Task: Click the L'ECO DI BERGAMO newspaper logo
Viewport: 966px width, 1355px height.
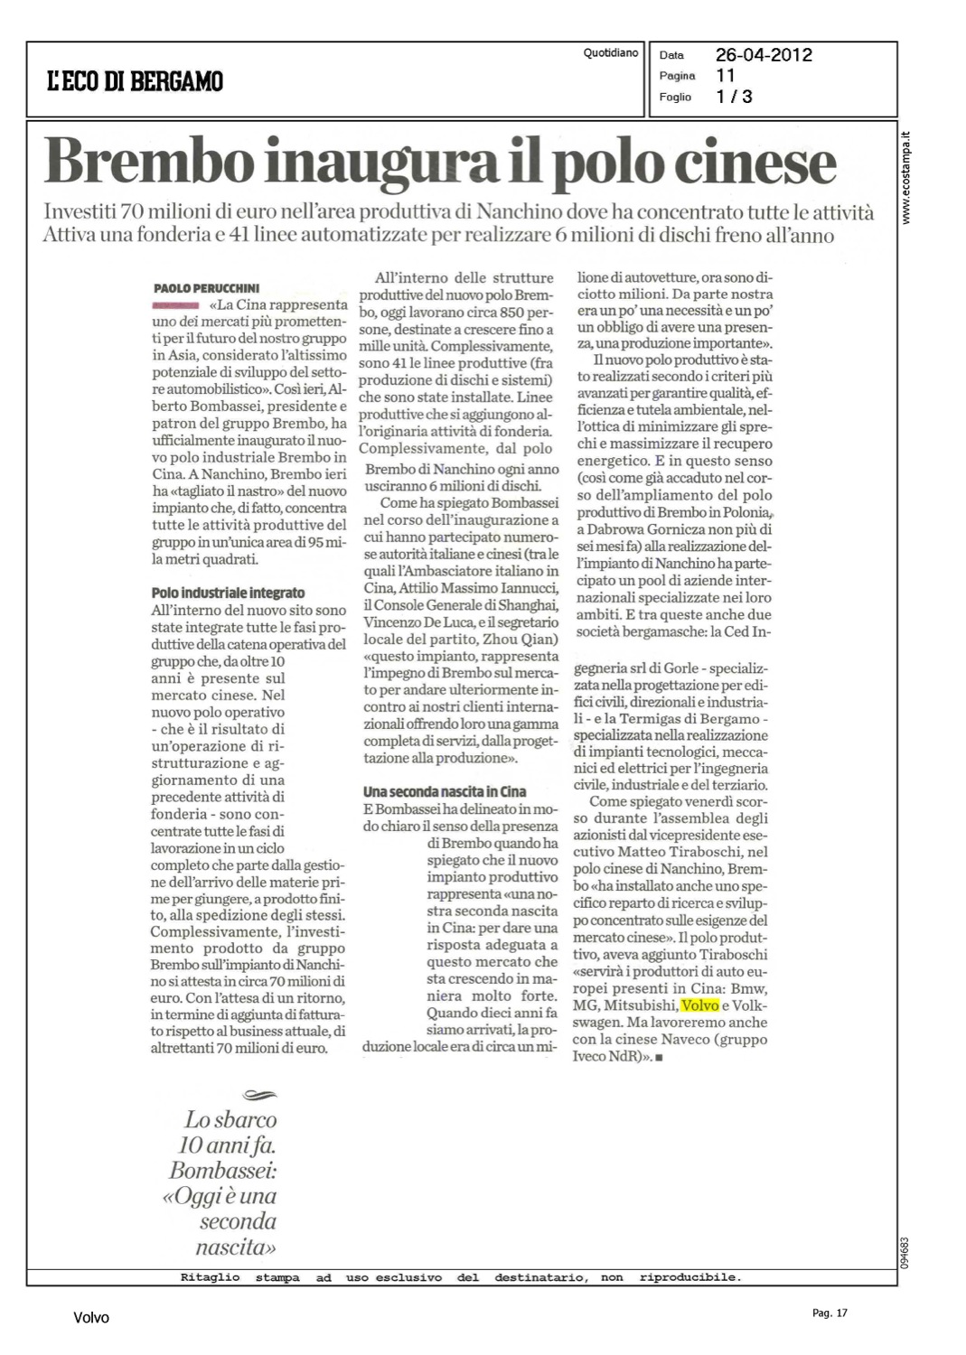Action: (x=136, y=82)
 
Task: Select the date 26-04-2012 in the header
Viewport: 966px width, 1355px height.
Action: (x=764, y=55)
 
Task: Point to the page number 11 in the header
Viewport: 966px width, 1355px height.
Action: (x=726, y=76)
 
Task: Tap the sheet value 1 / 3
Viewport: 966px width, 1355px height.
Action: (x=734, y=97)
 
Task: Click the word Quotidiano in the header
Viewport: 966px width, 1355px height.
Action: (x=611, y=53)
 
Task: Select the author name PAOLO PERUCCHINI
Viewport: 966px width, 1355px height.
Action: (x=208, y=288)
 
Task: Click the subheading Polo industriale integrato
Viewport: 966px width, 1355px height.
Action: (x=228, y=593)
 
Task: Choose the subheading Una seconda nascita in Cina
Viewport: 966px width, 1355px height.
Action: (x=445, y=791)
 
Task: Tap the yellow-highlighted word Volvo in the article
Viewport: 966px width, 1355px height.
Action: (x=699, y=1005)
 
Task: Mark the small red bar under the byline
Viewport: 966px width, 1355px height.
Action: (x=176, y=305)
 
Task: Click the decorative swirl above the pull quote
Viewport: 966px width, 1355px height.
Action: (x=261, y=1096)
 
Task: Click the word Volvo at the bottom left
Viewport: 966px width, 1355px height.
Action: (x=91, y=1318)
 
